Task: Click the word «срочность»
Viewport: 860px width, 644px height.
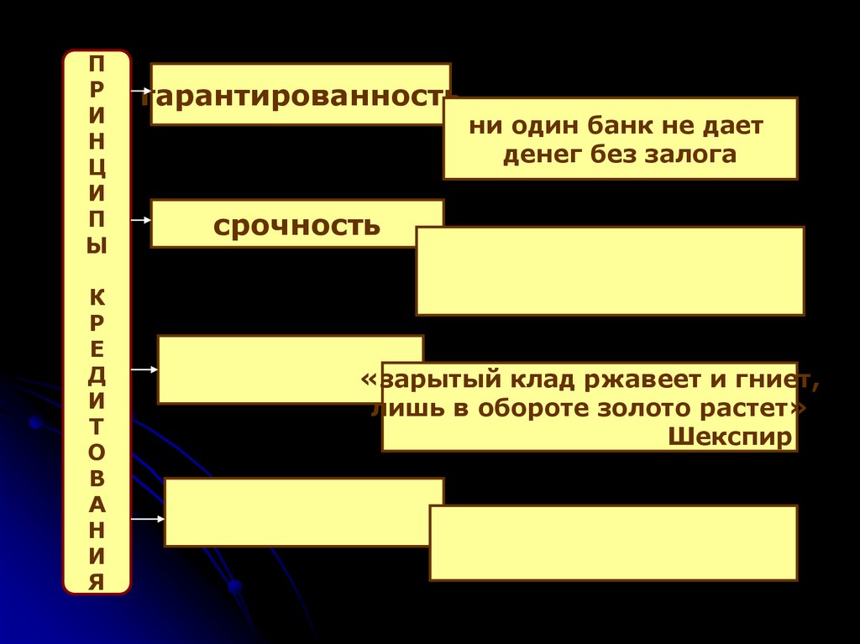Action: (x=296, y=225)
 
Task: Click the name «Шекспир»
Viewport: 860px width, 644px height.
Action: (x=731, y=437)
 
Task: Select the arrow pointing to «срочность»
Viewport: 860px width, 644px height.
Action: (x=140, y=220)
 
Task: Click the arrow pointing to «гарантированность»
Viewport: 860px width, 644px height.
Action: (x=140, y=88)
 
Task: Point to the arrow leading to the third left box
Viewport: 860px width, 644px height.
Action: (x=144, y=369)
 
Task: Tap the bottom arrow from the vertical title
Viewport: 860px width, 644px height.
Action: (x=147, y=519)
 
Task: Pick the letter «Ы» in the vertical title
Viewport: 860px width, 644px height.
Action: (x=97, y=249)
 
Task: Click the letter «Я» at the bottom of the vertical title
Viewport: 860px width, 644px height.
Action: (x=97, y=579)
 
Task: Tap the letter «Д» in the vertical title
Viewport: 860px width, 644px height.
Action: (x=97, y=375)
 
